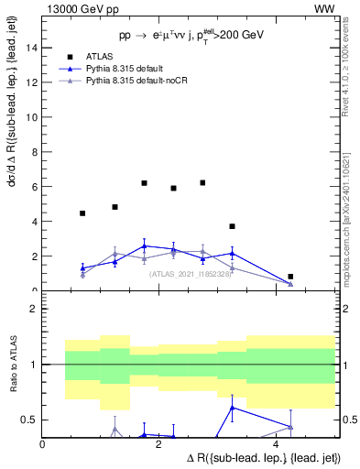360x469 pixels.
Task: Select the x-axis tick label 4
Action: (276, 443)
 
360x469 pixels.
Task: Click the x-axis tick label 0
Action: (43, 443)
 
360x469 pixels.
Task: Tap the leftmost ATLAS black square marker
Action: (82, 213)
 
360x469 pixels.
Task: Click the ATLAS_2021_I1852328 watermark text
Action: (191, 273)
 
